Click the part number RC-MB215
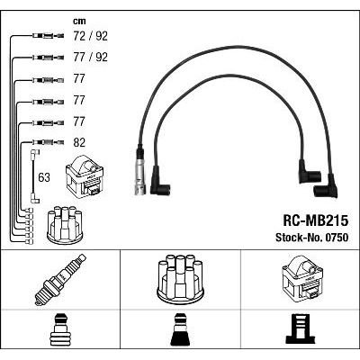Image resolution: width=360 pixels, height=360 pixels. (315, 220)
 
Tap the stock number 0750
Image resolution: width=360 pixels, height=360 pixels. (336, 238)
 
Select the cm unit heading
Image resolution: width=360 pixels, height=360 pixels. (79, 21)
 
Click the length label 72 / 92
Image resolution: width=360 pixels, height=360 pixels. (90, 36)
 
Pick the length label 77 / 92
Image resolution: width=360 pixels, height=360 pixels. (90, 57)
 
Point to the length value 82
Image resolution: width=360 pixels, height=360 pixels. (79, 142)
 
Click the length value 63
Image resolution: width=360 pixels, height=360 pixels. (44, 177)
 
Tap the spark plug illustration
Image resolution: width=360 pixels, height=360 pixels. (60, 280)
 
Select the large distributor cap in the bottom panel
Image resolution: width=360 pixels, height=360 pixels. (180, 278)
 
